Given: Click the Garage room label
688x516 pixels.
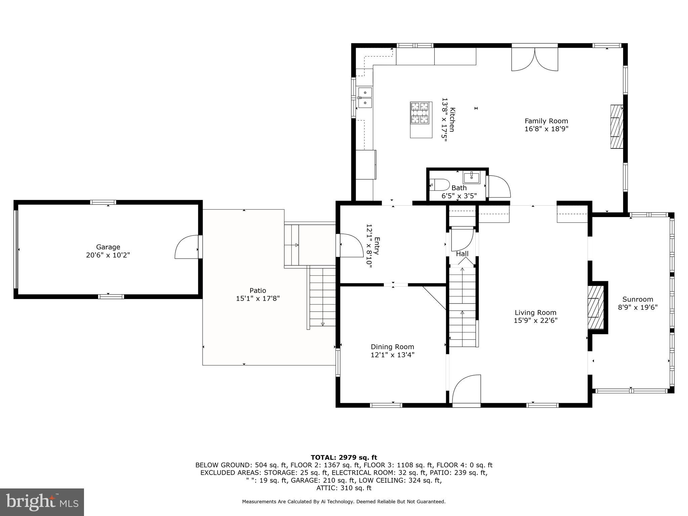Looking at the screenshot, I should tap(108, 247).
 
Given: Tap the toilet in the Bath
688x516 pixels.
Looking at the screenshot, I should tap(440, 185).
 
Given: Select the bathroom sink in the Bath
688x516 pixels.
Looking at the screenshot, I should tap(472, 177).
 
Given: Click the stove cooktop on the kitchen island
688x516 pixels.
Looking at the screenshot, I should tap(420, 113).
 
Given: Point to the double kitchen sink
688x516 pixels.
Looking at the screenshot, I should tap(365, 98).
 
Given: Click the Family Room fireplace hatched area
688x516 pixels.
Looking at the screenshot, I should tap(616, 127).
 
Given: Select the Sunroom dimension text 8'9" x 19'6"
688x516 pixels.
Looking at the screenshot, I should tap(638, 307).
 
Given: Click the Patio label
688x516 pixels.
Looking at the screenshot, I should tap(258, 291).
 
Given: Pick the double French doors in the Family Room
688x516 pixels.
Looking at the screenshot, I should tap(534, 59).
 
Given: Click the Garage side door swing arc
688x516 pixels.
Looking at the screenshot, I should tap(186, 247).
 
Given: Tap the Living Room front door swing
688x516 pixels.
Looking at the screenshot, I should tap(467, 391).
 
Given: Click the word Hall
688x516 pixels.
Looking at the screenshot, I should tap(462, 254).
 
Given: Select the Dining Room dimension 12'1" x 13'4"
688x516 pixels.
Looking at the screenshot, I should tap(392, 355).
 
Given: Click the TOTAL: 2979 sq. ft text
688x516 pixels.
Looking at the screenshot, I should tap(344, 458).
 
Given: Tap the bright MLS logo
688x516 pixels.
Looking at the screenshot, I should tap(42, 502).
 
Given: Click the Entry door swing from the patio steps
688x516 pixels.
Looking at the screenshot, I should tap(351, 246).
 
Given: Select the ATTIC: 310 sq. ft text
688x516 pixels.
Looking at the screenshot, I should tap(344, 488).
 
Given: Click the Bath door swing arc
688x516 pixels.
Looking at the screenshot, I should tap(500, 187).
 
